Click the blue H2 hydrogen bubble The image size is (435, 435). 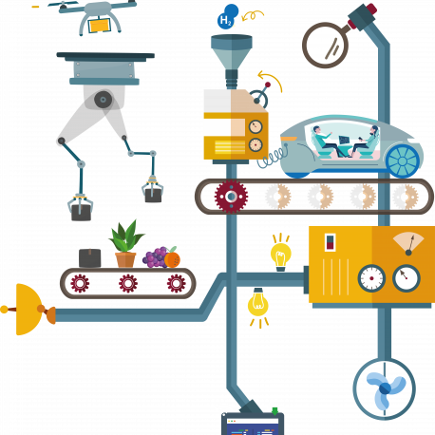(228, 16)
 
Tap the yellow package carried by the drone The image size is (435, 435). (100, 26)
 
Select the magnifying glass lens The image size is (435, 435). (325, 46)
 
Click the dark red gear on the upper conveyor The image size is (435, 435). (231, 197)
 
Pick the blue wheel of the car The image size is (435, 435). (403, 161)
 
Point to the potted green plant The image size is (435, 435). (125, 244)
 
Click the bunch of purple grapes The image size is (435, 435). (154, 257)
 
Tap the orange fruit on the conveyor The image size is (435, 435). (172, 258)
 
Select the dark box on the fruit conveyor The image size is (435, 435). (90, 258)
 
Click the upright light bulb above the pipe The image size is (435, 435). (281, 253)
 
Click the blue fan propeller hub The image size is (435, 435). (385, 388)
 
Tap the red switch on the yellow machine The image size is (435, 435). (331, 242)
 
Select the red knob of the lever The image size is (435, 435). (268, 85)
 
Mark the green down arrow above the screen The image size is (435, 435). (274, 411)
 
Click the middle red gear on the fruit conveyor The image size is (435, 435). (128, 283)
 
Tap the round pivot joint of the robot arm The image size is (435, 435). (103, 100)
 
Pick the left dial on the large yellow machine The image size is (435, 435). (371, 278)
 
